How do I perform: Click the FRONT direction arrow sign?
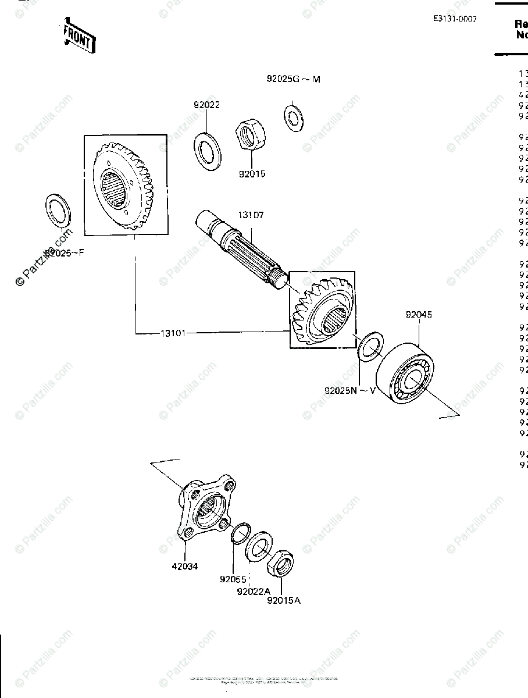point(79,37)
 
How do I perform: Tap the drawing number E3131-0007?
point(454,19)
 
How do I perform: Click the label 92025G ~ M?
point(293,79)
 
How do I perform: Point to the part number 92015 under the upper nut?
point(251,173)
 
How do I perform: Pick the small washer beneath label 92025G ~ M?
point(293,115)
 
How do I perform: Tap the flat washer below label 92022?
point(207,151)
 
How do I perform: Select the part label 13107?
point(250,215)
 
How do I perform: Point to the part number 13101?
point(173,333)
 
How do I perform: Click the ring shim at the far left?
point(58,212)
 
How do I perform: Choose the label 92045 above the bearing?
point(419,315)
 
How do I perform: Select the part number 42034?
point(185,566)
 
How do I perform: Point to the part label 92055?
point(233,579)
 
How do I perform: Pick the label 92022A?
point(254,591)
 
